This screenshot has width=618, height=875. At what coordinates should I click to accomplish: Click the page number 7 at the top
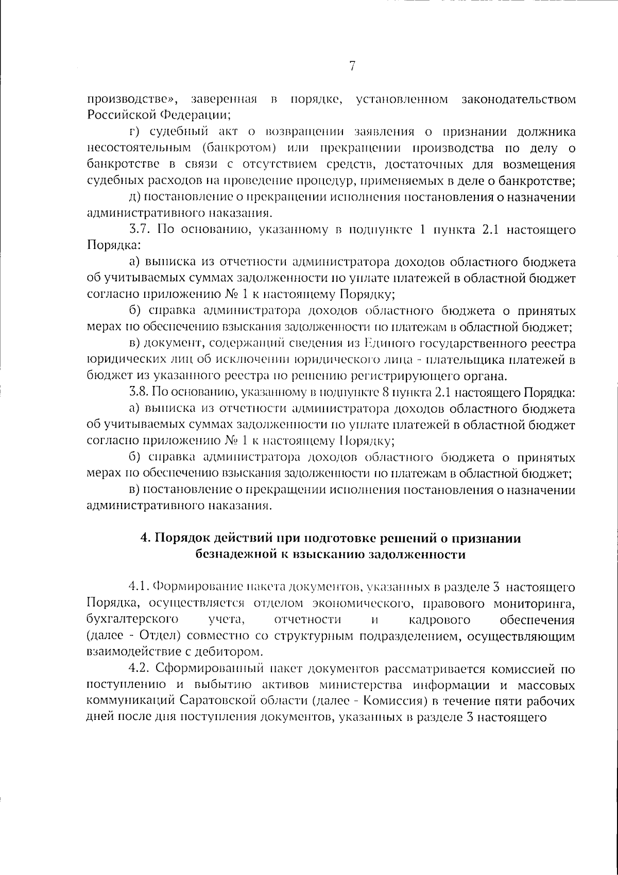click(x=352, y=66)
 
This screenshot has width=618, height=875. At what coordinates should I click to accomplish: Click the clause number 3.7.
click(x=140, y=229)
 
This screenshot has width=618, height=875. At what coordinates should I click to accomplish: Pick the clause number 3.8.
click(x=139, y=393)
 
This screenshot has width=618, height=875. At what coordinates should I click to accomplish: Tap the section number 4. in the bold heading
click(x=145, y=539)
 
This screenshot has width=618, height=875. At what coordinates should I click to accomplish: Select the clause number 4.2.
click(x=140, y=669)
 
